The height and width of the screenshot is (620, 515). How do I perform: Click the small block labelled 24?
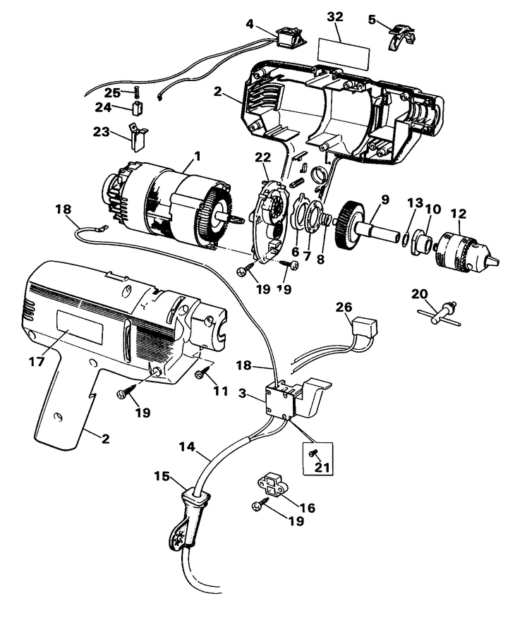[138, 109]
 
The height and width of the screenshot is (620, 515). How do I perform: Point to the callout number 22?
[262, 156]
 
